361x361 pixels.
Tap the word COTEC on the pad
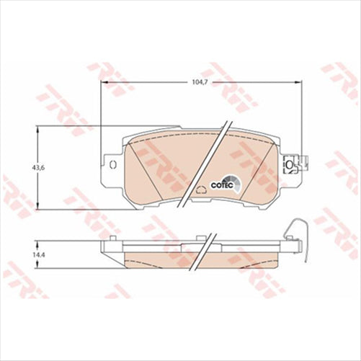coord(220,184)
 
